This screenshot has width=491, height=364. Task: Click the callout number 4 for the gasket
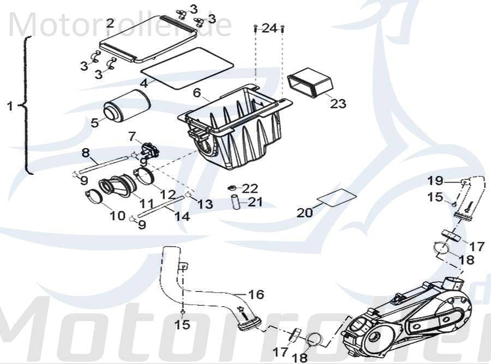click(x=143, y=83)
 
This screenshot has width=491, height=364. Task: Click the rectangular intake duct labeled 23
click(x=310, y=82)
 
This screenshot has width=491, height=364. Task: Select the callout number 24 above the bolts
click(x=270, y=28)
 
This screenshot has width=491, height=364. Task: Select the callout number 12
click(x=167, y=194)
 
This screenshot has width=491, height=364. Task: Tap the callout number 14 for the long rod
click(x=182, y=216)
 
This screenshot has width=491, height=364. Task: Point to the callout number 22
click(x=250, y=189)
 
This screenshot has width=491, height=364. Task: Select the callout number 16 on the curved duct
click(x=256, y=295)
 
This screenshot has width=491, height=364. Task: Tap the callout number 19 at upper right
click(x=435, y=180)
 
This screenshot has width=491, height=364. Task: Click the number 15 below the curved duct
click(x=182, y=325)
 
